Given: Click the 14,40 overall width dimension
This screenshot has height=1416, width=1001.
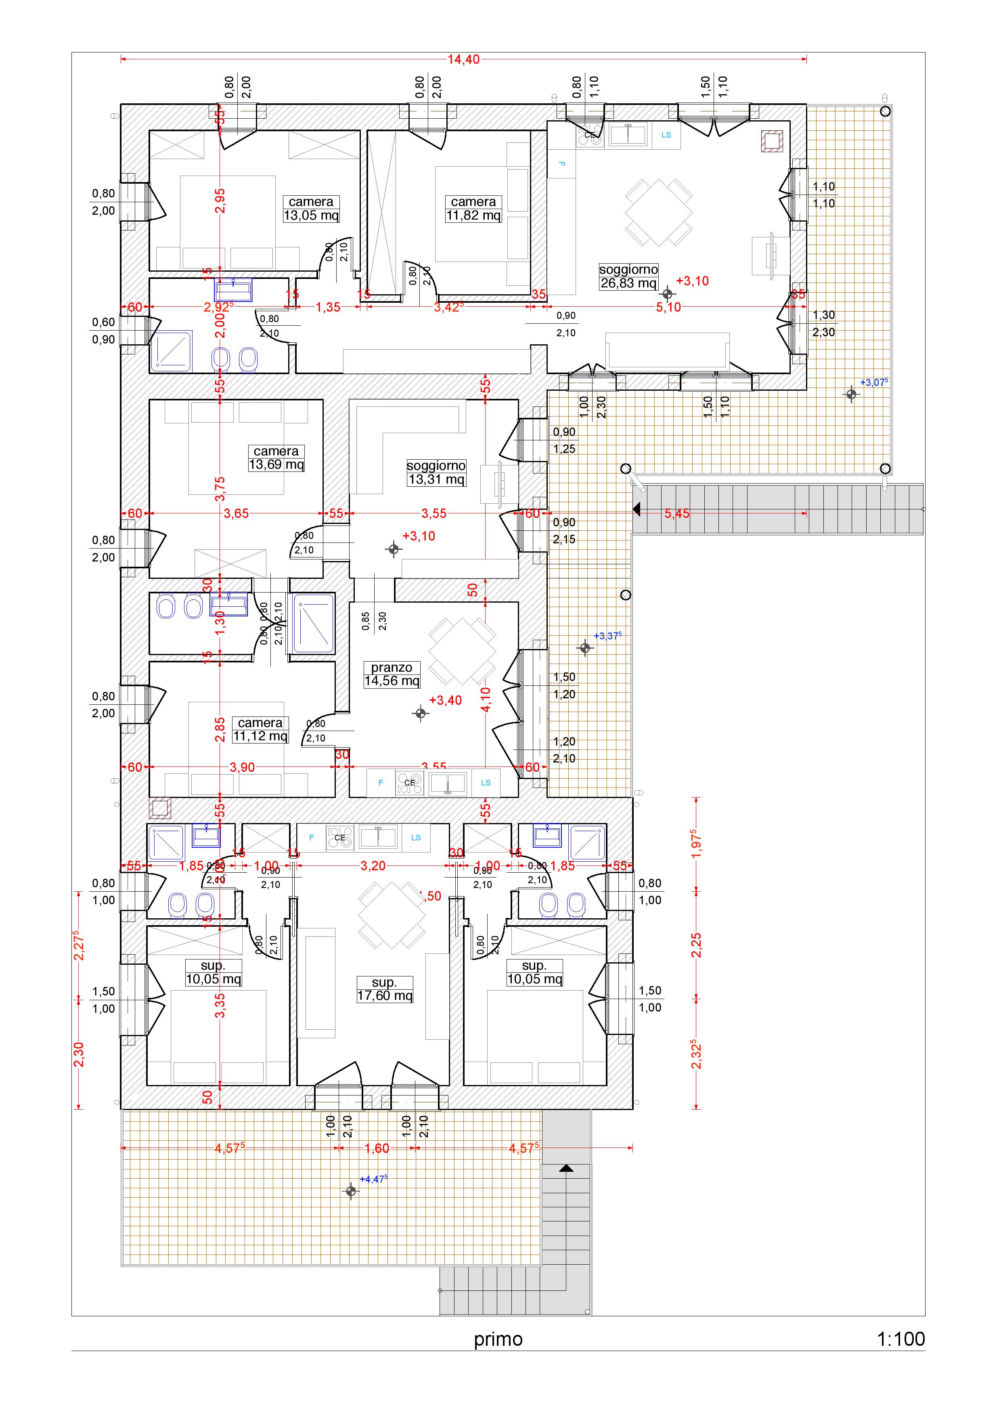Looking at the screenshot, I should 463,60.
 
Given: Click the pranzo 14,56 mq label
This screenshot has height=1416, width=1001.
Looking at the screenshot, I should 392,674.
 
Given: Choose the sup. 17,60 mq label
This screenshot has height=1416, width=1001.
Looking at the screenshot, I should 384,989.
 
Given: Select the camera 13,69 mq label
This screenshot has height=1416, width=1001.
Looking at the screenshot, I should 276,458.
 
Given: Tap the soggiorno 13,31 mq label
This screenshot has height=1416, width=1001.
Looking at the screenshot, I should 436,473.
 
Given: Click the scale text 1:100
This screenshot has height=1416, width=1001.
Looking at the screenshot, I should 900,1339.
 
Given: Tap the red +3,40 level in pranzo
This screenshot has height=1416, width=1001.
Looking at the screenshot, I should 445,701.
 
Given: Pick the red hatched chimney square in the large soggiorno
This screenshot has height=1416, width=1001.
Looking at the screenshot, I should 772,142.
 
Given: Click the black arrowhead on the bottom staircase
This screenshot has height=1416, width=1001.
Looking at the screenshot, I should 566,1168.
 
